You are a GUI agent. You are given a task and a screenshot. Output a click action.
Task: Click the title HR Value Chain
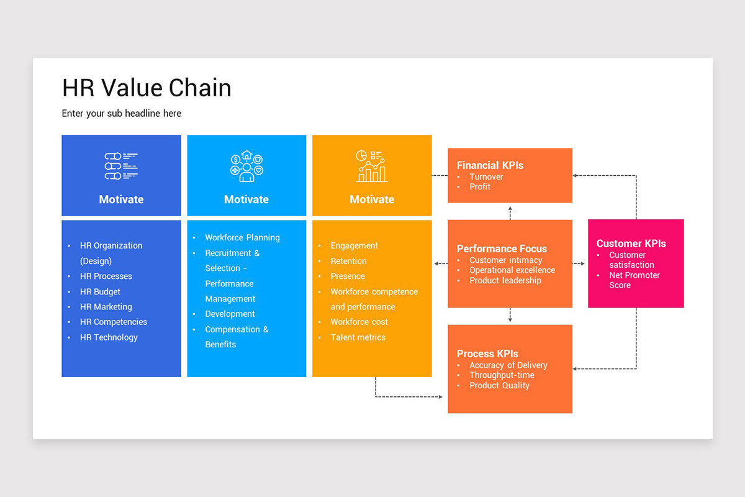[x=147, y=88]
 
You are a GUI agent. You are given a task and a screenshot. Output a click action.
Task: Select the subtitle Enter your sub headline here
[x=122, y=113]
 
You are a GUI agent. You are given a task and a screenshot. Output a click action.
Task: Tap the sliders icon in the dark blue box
[x=121, y=166]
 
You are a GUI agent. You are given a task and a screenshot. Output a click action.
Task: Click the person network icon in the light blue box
[x=246, y=166]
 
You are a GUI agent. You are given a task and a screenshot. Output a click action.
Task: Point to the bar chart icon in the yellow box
[x=371, y=166]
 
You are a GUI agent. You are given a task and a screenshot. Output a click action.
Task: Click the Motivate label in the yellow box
[x=372, y=199]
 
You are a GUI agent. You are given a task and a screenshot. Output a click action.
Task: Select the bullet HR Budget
[x=100, y=291]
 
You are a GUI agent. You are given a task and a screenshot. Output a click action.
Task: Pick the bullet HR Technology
[x=109, y=337]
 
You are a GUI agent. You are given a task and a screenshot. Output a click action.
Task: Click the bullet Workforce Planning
[x=242, y=237]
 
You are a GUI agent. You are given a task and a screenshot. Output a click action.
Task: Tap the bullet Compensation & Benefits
[x=237, y=337]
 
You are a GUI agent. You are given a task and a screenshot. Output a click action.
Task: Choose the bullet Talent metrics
[x=358, y=337]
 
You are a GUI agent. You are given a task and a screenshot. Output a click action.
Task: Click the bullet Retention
[x=348, y=261]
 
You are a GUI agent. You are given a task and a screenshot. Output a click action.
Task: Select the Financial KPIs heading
[x=490, y=165]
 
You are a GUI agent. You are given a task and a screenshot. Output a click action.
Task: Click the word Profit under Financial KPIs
[x=480, y=186]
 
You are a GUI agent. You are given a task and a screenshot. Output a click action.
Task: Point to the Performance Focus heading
[x=502, y=248]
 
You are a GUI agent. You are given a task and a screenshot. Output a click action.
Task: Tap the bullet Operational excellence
[x=512, y=270]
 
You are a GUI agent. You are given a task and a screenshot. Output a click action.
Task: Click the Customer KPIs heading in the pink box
[x=631, y=244]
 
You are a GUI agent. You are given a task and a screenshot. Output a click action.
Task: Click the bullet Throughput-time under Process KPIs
[x=502, y=375]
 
